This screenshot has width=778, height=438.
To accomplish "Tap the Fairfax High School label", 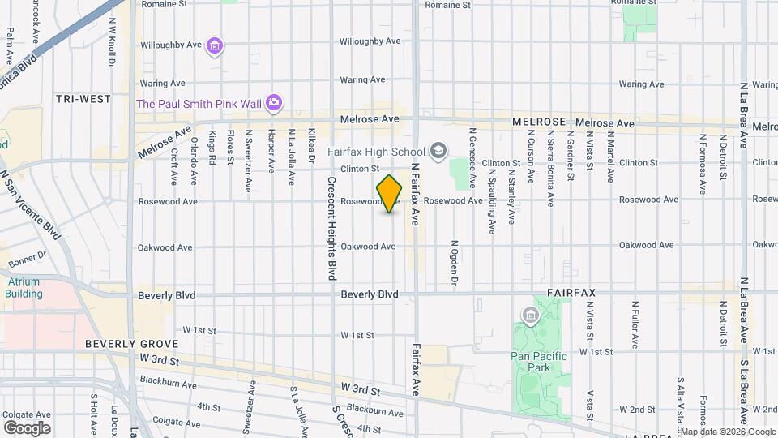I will [376, 152].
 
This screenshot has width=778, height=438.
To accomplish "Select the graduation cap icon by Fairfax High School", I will [438, 151].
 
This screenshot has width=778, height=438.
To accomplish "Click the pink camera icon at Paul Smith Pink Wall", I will [275, 102].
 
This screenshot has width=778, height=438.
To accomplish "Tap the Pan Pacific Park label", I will [539, 361].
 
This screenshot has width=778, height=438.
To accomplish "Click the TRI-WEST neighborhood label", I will [83, 99].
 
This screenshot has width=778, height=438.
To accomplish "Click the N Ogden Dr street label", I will [455, 263].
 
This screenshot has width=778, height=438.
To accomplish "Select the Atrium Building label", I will [24, 287].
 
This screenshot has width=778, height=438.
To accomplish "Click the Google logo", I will [27, 427].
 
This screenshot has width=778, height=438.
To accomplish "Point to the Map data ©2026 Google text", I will [728, 432].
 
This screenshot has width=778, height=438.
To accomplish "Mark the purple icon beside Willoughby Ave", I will [215, 46].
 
